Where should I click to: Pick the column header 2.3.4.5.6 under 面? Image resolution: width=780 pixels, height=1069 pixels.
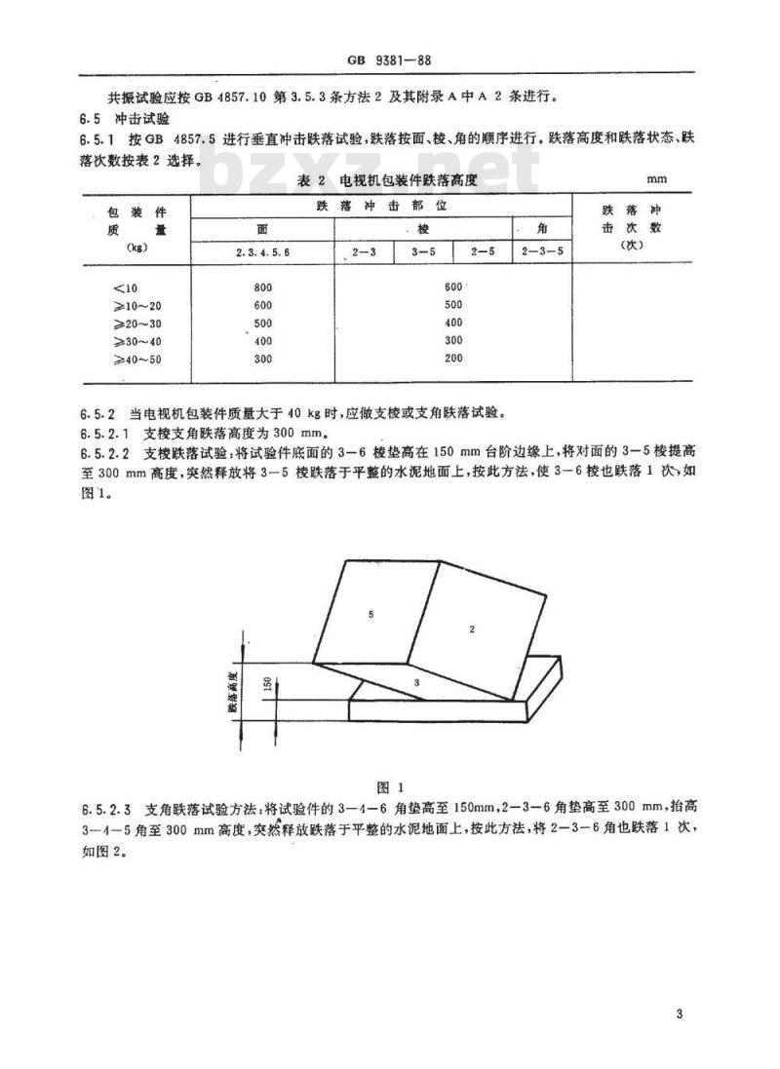(262, 252)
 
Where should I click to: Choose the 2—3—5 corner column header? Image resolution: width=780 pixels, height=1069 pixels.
(541, 252)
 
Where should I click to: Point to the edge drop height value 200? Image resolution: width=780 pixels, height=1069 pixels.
(452, 360)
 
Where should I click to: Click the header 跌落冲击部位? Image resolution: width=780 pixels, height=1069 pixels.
(380, 207)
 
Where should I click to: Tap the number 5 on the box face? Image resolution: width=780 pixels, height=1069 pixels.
(371, 614)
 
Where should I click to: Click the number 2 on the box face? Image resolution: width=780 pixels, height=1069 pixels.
(471, 630)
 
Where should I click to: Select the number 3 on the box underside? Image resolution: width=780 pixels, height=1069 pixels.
(416, 683)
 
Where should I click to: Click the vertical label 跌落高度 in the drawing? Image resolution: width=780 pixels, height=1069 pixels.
(234, 692)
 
